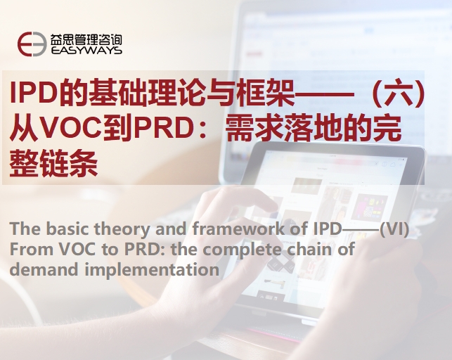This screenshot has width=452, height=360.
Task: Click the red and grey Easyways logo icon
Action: pos(32,44)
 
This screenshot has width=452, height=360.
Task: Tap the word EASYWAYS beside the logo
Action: pos(86,51)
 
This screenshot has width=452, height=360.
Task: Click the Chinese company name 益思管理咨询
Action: pos(86,39)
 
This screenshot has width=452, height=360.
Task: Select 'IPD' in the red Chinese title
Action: pos(32,93)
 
